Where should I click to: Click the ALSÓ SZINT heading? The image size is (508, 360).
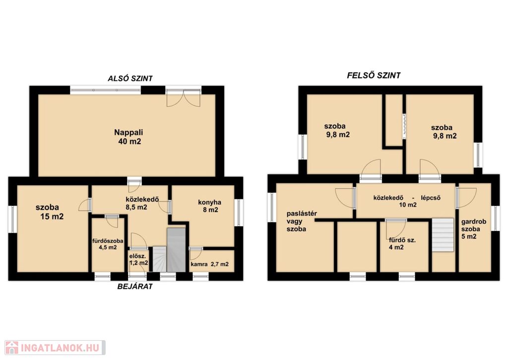click(x=130, y=78)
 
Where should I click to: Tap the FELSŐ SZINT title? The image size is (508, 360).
click(x=374, y=75)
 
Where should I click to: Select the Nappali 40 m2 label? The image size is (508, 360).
click(x=128, y=137)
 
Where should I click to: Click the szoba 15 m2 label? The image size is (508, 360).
click(x=50, y=212)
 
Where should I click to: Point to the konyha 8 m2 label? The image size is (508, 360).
click(x=210, y=206)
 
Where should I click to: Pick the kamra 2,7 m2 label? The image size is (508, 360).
click(x=210, y=264)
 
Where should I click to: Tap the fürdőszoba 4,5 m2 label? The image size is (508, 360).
click(x=108, y=244)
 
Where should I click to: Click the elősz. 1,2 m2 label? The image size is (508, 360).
click(x=139, y=260)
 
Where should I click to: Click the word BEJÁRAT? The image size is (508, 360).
click(x=135, y=287)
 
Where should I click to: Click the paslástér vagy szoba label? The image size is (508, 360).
click(x=302, y=221)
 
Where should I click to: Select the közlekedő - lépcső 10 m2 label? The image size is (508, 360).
click(x=407, y=201)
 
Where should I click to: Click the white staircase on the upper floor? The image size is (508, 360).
click(x=443, y=235)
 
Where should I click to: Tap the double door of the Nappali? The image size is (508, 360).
click(x=184, y=97)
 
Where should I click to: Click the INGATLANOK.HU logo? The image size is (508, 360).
click(x=55, y=348)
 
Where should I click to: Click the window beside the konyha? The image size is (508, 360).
click(x=239, y=212)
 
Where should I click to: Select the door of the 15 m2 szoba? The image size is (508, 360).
click(x=85, y=205)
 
